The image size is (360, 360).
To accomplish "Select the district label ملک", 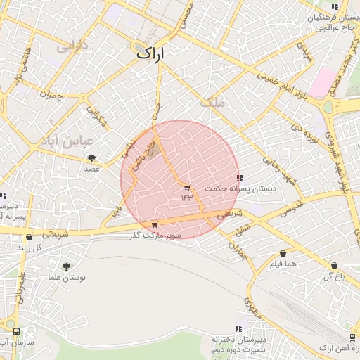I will (x=212, y=103).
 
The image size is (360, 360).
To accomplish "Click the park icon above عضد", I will (x=91, y=157).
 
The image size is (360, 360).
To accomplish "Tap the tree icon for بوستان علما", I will (x=66, y=266).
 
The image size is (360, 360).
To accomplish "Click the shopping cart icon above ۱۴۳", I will (x=186, y=187).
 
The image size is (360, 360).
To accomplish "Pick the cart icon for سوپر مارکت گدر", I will (x=155, y=225).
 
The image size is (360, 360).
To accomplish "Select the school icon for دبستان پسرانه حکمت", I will (x=240, y=179).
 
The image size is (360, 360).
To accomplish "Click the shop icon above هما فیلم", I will (x=283, y=253).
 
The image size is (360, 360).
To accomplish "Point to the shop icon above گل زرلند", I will (x=28, y=237).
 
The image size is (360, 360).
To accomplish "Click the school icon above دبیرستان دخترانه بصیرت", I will (x=238, y=328).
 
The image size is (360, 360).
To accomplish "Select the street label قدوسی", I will (x=292, y=208).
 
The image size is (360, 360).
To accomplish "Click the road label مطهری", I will (x=252, y=307).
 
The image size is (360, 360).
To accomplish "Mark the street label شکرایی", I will (x=98, y=117).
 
